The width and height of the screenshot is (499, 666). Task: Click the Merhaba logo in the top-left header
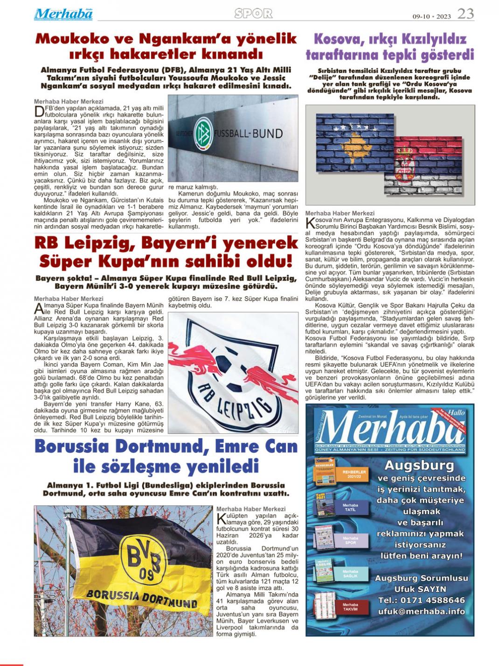coord(63,14)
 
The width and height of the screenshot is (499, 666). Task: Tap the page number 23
coord(465,14)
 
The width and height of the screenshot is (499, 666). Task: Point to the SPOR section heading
coord(253,14)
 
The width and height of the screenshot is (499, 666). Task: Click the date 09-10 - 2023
coord(431,16)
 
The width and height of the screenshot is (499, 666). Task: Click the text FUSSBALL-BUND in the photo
coord(249,134)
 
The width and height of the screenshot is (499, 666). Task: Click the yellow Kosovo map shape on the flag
coord(355,139)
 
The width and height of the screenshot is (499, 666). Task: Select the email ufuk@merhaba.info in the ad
coord(421,611)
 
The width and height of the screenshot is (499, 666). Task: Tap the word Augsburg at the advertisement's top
coord(419,466)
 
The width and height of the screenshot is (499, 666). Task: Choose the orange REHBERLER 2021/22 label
coord(355,474)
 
